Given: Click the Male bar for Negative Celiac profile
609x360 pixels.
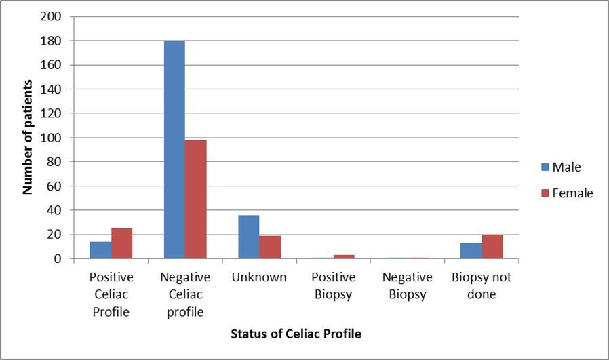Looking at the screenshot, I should click(x=174, y=150).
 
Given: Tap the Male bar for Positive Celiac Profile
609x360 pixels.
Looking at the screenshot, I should click(x=100, y=250).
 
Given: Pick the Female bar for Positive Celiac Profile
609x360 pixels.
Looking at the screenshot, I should click(x=121, y=243).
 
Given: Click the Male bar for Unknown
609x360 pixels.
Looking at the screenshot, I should click(x=248, y=237).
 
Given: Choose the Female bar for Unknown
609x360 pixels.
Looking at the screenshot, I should click(x=270, y=247).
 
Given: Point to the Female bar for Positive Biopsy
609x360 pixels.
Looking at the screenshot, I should click(x=344, y=257).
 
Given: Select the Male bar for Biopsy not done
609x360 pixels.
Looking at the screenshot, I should click(x=471, y=251).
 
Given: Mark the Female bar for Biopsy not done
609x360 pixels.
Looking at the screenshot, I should click(x=492, y=247).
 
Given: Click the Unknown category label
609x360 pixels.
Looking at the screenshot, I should click(x=259, y=277).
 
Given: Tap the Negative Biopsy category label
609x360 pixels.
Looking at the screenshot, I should click(x=407, y=285).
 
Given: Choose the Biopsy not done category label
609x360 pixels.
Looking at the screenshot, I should click(x=482, y=285).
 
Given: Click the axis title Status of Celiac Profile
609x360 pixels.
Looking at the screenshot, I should click(x=296, y=334).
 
